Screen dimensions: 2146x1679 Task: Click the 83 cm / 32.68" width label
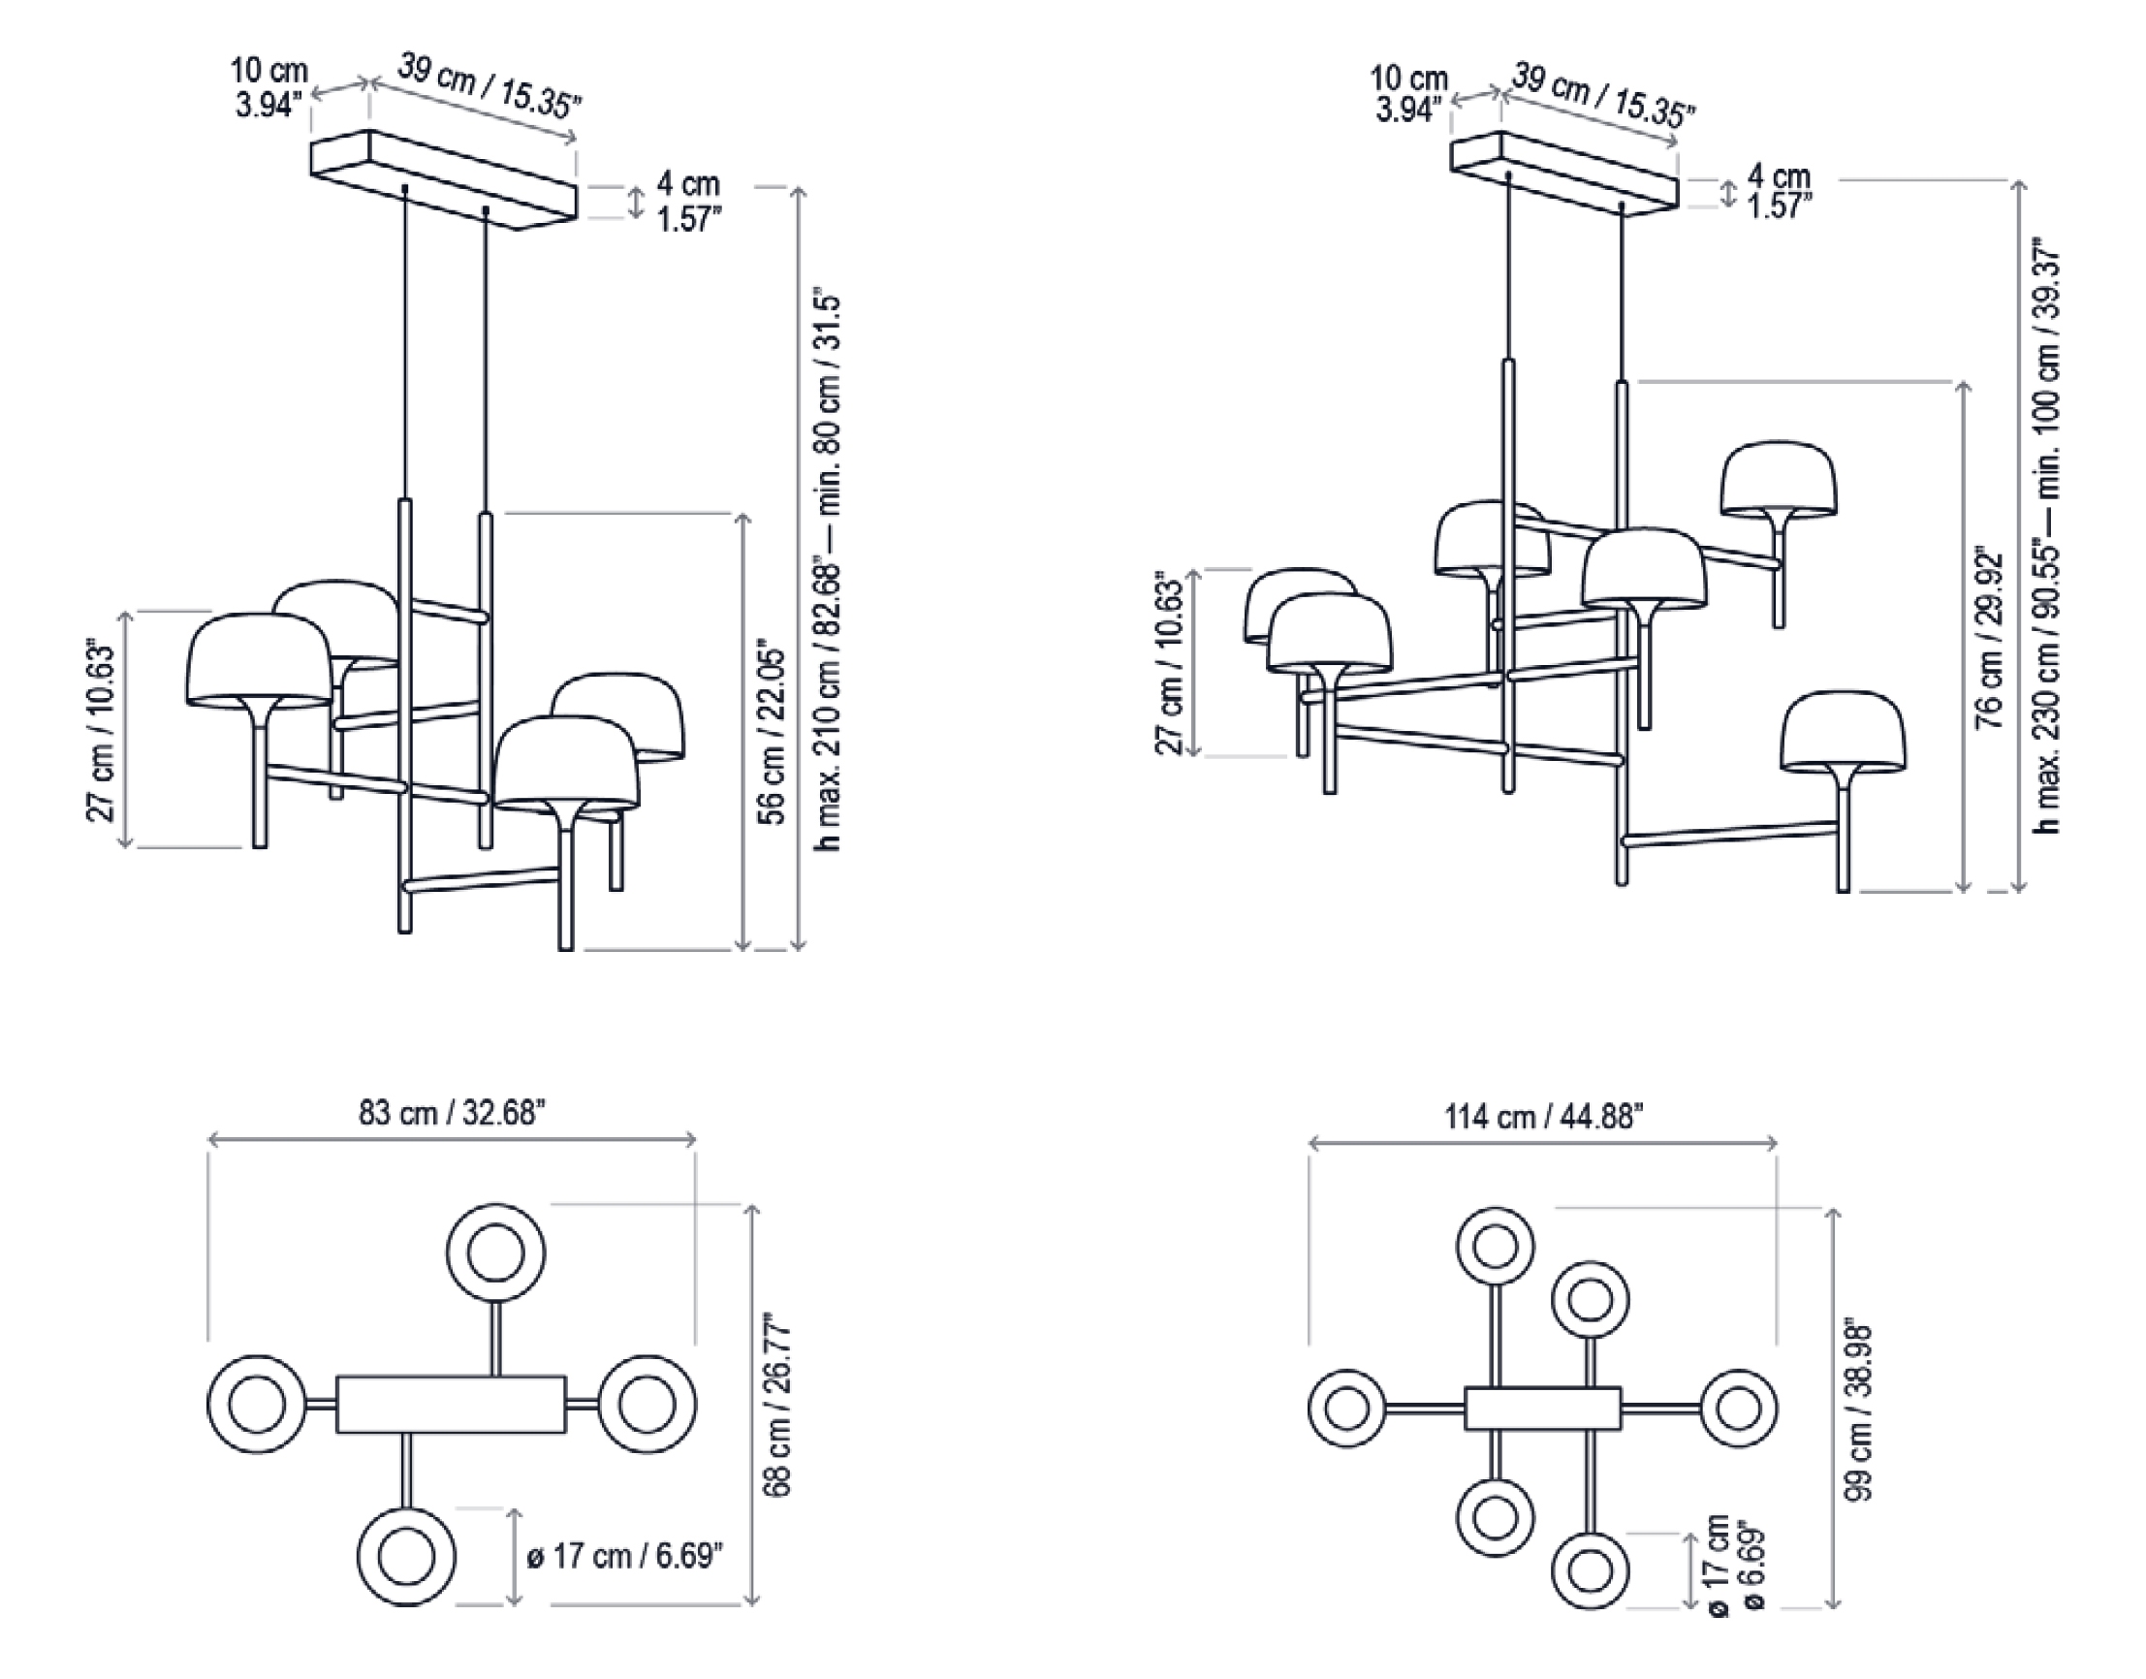click(452, 1113)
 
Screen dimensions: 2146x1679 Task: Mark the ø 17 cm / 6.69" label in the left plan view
click(625, 1556)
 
